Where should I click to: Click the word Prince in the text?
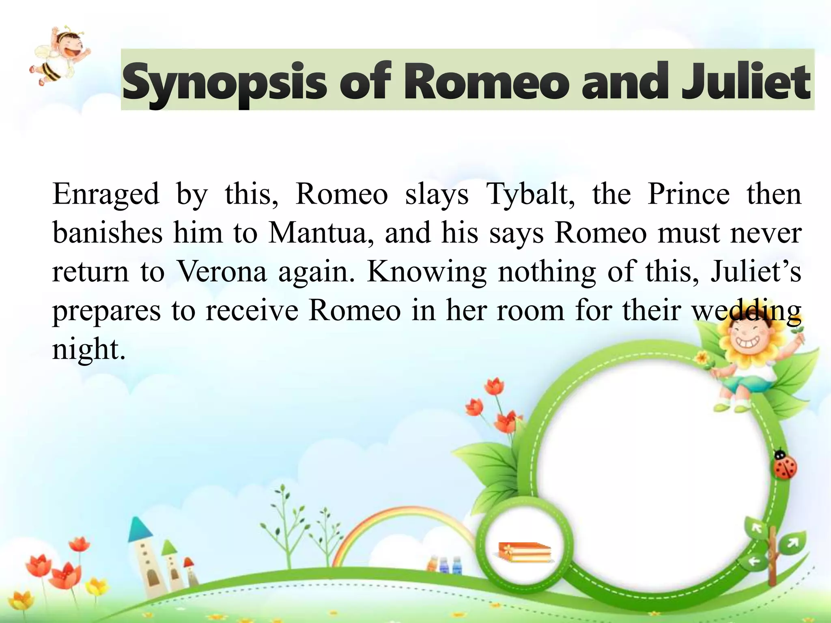(x=689, y=194)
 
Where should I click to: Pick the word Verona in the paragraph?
(x=222, y=271)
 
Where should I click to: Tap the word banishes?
(x=108, y=233)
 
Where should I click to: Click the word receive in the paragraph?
(x=252, y=310)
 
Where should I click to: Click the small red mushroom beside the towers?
(x=189, y=563)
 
